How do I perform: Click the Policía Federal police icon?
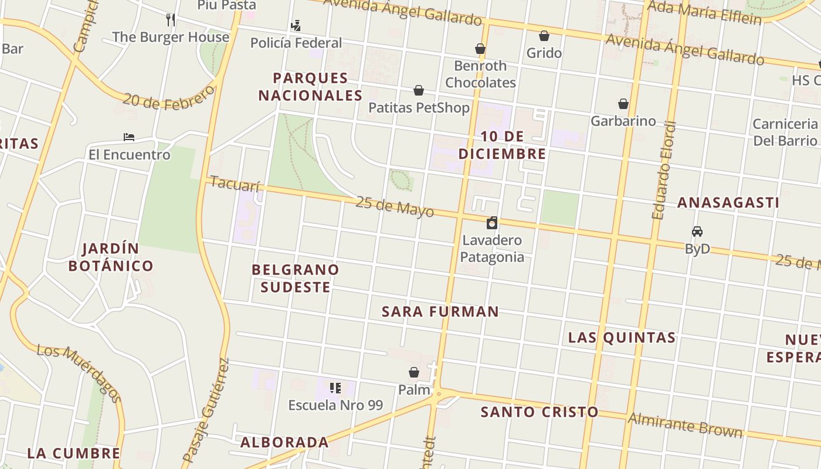coord(296,25)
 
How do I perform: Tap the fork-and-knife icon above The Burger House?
coord(171,19)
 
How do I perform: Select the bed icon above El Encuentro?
coord(129,137)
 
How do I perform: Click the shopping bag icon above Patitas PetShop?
coord(419,90)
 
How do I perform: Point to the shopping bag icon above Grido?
coord(544,36)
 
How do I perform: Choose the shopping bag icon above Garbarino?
coord(623,104)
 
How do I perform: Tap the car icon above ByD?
coord(697,232)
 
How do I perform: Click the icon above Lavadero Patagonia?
coord(492,223)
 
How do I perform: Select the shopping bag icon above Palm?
coord(414,372)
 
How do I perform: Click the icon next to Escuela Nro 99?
coord(335,388)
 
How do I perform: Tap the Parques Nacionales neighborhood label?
coord(311,86)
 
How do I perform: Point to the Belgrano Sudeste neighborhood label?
coord(296,278)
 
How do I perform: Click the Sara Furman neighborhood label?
coord(440,311)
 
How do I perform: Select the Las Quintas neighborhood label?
coord(622,337)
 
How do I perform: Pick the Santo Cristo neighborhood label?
coord(540,412)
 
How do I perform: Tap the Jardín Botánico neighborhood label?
coord(111,257)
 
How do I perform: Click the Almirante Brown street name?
coord(685,425)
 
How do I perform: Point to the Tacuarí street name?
coord(235,184)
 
